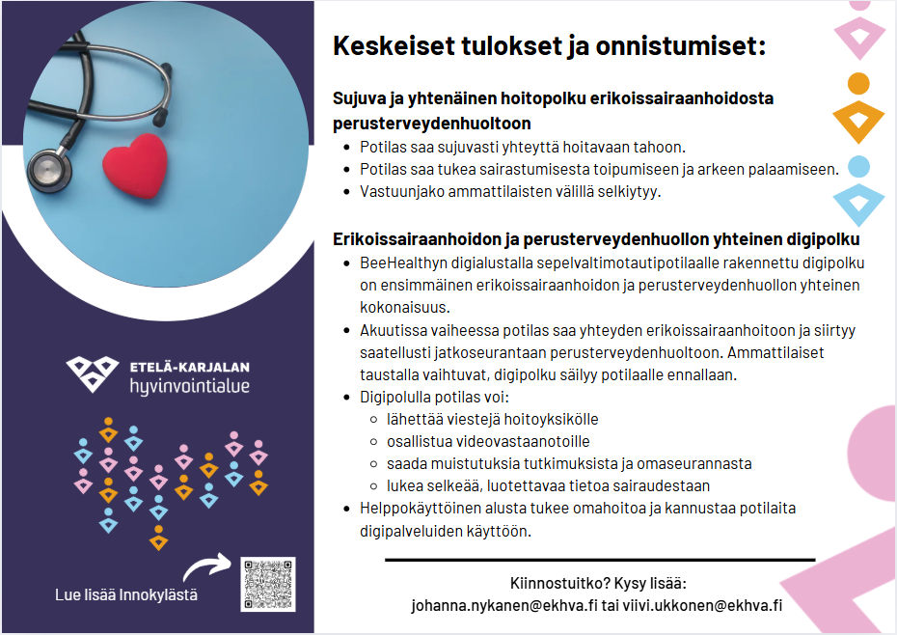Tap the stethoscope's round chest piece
click(x=49, y=170)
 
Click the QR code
click(x=268, y=584)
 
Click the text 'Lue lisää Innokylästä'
click(x=126, y=594)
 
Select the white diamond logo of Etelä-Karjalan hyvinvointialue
click(x=92, y=373)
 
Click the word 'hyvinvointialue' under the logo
click(x=189, y=386)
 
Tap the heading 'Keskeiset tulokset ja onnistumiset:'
click(x=549, y=45)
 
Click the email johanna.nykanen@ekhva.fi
click(x=504, y=606)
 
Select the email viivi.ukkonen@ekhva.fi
click(x=702, y=606)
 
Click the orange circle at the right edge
click(x=858, y=84)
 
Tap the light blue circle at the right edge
click(x=858, y=167)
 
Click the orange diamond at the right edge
click(x=858, y=122)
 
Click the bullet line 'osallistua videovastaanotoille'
click(x=488, y=441)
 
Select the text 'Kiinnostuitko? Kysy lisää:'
click(x=598, y=584)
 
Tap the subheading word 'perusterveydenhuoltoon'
click(x=432, y=124)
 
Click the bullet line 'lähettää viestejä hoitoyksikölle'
click(x=493, y=419)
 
